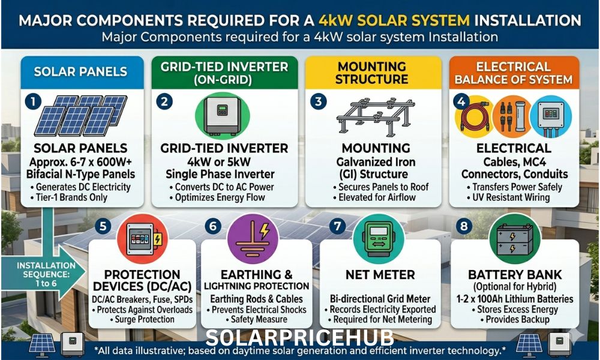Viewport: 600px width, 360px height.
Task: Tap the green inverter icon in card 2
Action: click(x=221, y=115)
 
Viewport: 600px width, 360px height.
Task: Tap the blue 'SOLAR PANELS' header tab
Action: click(x=80, y=71)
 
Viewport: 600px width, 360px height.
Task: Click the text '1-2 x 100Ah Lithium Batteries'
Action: click(x=515, y=298)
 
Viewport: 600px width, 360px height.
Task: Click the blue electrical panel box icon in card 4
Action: click(x=551, y=115)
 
